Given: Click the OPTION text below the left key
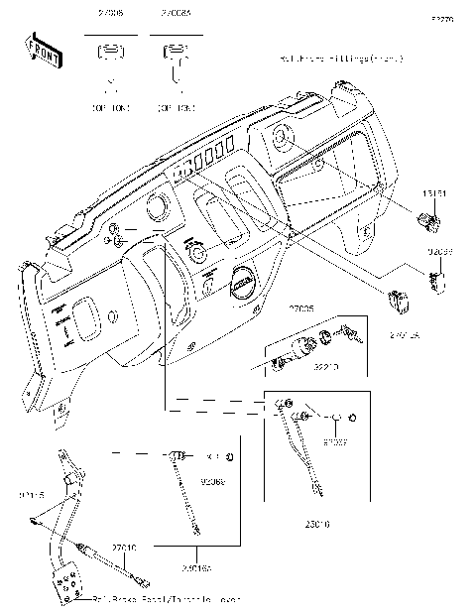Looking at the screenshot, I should [111, 103].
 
